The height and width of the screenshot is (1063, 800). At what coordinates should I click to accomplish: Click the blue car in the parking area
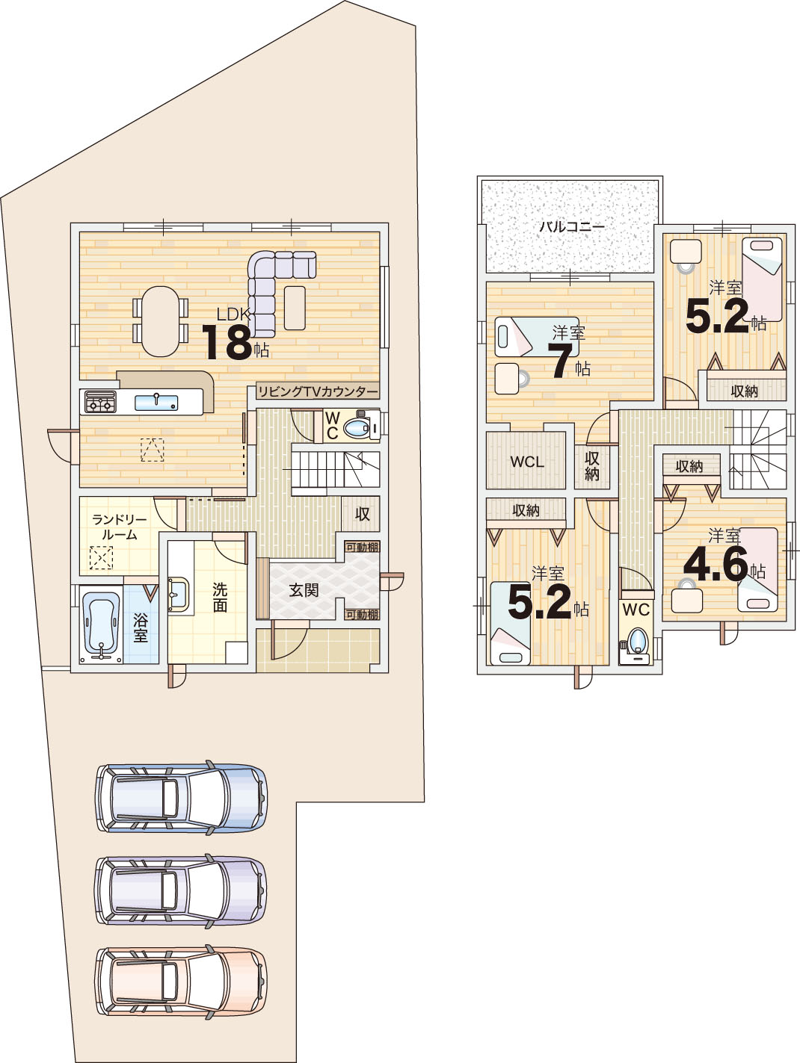(x=181, y=796)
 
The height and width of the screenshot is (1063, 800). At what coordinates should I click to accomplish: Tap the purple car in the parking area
(x=181, y=890)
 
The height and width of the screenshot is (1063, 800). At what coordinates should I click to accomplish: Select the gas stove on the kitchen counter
(x=101, y=402)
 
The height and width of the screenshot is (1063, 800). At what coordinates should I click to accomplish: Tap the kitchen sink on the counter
(x=156, y=402)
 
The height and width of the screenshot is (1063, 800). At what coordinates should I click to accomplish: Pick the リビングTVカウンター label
(x=317, y=391)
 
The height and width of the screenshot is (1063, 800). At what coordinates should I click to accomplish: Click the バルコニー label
(x=572, y=226)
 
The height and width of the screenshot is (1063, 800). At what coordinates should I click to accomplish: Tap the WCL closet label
(x=527, y=462)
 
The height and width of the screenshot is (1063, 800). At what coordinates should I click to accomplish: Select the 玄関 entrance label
(x=304, y=590)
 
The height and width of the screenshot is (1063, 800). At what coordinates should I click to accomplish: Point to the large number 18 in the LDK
(x=227, y=342)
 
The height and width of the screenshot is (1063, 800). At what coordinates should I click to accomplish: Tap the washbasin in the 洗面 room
(x=179, y=594)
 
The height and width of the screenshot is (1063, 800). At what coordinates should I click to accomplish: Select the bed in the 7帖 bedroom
(x=531, y=337)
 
